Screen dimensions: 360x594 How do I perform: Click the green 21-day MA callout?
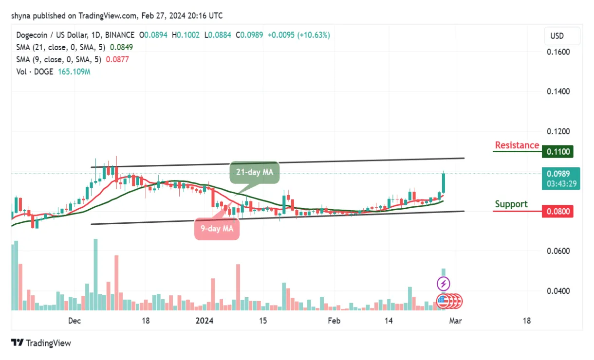click(254, 172)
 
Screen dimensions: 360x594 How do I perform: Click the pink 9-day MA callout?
click(217, 228)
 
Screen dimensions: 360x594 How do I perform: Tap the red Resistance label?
click(517, 145)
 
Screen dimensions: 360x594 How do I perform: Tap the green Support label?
click(511, 204)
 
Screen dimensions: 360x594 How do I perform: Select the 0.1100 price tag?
click(557, 152)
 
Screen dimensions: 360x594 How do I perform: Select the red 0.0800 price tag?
click(557, 212)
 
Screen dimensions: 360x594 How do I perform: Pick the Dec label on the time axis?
click(74, 321)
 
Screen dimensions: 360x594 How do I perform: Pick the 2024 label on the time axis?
click(204, 321)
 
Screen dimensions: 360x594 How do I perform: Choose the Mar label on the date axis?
click(456, 321)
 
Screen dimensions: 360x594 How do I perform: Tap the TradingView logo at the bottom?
click(41, 343)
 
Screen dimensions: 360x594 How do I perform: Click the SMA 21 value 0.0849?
click(121, 47)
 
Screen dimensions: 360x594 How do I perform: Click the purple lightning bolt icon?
click(443, 283)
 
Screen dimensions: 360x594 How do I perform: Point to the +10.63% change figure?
click(315, 35)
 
